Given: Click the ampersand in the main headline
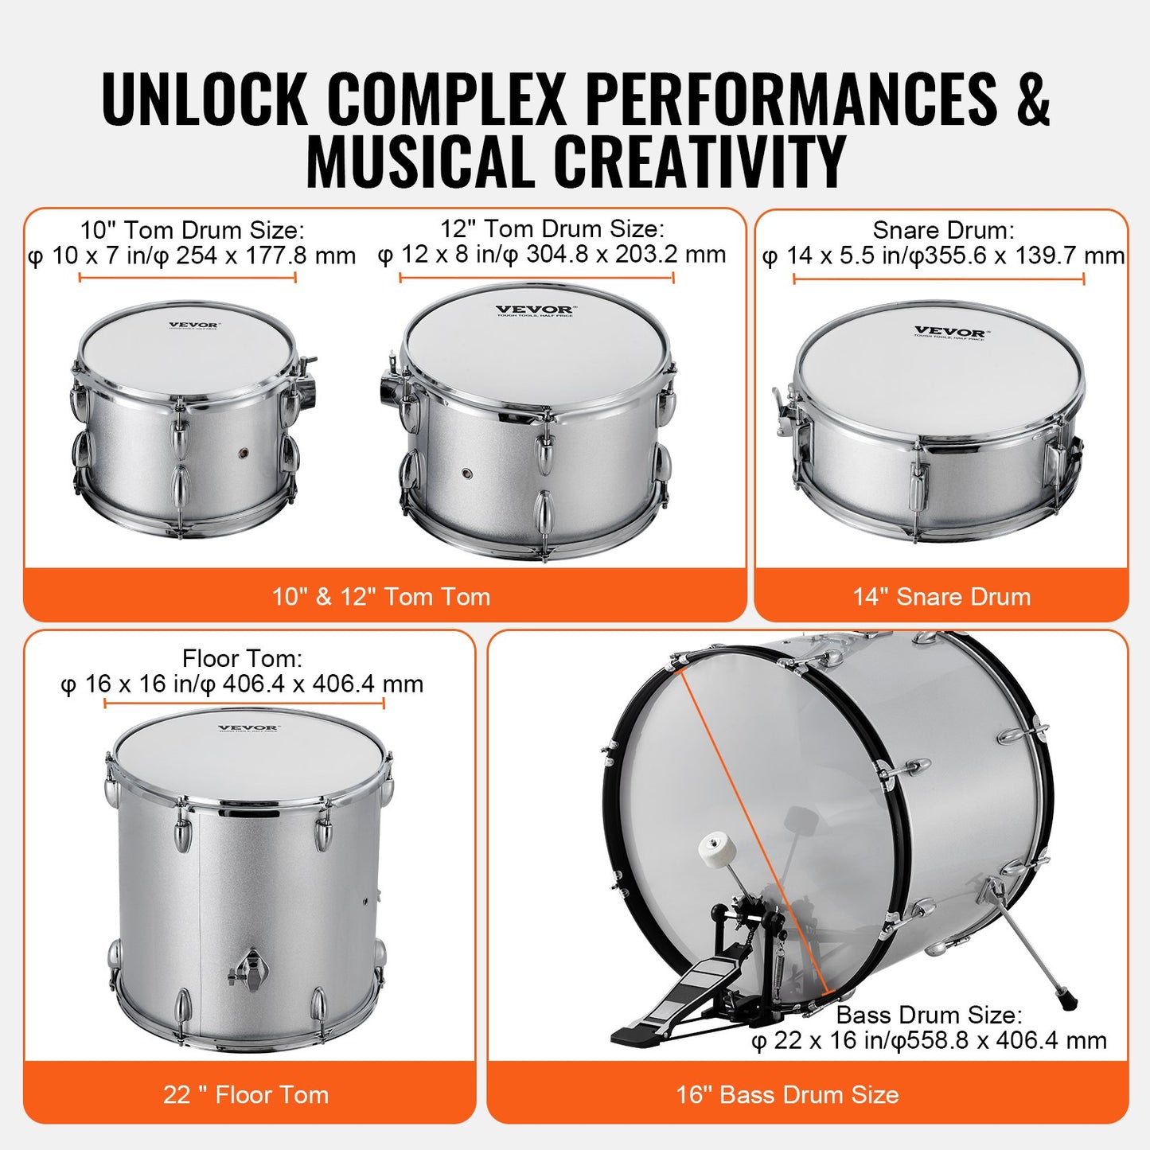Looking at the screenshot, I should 1032,99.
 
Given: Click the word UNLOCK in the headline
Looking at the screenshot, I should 205,99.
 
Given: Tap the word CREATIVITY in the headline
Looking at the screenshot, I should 699,162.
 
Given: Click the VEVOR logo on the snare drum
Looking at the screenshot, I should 949,332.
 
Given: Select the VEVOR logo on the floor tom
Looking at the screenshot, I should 248,727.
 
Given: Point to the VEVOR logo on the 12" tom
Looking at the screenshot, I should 534,310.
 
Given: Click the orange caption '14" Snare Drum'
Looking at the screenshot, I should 941,597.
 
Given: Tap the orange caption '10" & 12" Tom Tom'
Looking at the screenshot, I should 381,597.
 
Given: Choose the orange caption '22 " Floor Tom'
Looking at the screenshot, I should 246,1095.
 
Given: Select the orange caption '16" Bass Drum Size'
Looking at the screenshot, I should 787,1095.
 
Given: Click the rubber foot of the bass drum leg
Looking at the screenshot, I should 1066,998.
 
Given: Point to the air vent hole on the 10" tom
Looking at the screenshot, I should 244,452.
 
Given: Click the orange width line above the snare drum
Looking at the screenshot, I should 938,279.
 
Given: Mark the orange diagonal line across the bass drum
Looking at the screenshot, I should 752,828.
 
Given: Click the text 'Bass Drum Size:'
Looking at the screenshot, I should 929,1015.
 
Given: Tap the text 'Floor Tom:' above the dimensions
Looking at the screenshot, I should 242,658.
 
